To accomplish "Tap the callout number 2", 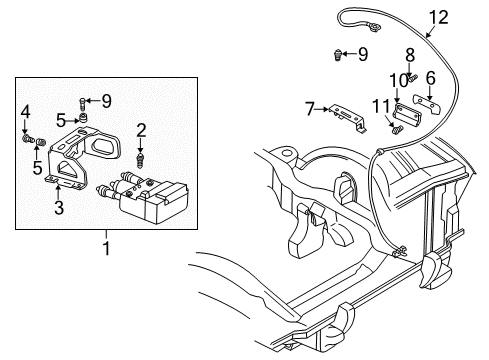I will point(142,128).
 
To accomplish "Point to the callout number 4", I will point(26,111).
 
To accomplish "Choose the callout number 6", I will point(431,77).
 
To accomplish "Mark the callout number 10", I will point(396,79).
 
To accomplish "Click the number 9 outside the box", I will point(362,52).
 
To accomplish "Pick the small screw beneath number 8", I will point(408,71).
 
